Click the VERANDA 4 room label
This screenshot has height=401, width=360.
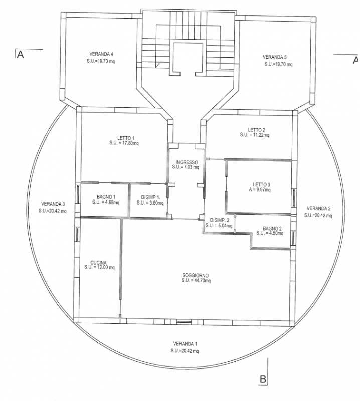[x=101, y=54]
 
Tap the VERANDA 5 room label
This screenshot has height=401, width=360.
[x=275, y=57]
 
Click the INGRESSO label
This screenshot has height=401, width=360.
[x=187, y=162]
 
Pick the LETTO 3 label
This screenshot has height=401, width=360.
[x=262, y=184]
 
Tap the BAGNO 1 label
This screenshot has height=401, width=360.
[x=106, y=197]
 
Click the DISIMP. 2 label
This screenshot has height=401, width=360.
[x=220, y=220]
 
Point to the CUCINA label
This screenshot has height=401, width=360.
[x=98, y=263]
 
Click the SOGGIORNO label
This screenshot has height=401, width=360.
[x=195, y=275]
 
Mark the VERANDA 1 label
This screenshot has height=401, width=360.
[x=185, y=344]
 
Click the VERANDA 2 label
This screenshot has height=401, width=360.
[x=318, y=208]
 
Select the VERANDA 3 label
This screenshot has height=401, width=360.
[x=53, y=204]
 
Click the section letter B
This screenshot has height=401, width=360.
[x=263, y=379]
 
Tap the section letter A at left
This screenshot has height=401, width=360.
[x=20, y=55]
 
